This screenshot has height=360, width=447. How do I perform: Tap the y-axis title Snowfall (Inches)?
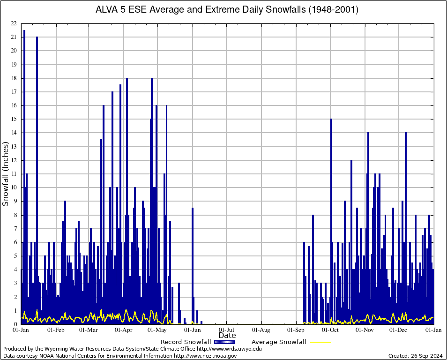tap(6, 174)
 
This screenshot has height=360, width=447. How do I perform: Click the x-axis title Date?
tap(227, 336)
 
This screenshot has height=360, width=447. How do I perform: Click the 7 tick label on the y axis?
tap(15, 229)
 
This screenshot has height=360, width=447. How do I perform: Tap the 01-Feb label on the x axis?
tap(56, 330)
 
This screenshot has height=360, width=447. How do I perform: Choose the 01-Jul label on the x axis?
tap(227, 330)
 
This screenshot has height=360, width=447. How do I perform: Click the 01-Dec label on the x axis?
tap(399, 330)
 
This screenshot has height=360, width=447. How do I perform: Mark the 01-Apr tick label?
tap(124, 330)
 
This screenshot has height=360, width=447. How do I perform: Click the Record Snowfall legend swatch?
tap(225, 342)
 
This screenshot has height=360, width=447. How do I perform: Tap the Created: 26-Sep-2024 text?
tap(416, 356)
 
